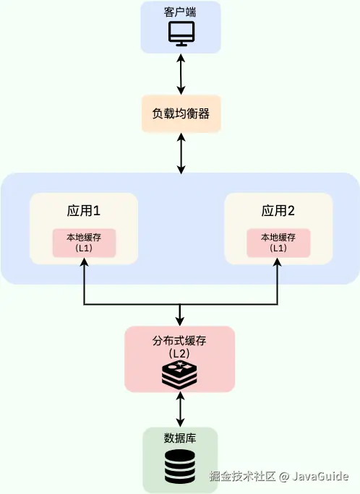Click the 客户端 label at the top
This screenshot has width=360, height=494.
[180, 13]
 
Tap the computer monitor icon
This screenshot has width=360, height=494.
[180, 34]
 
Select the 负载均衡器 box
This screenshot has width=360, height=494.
[180, 114]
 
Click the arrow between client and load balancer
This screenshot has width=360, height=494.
[180, 74]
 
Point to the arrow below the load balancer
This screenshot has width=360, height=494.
[180, 153]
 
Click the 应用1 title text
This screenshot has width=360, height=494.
[83, 212]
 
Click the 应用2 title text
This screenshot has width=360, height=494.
[278, 212]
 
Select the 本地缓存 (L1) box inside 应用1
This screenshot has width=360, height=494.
[84, 242]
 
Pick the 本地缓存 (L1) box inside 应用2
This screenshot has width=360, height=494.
[278, 242]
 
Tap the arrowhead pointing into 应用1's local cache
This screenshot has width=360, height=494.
[85, 262]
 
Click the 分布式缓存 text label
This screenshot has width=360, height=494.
[180, 340]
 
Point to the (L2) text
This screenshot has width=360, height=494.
[180, 354]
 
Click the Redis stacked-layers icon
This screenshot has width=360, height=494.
[180, 375]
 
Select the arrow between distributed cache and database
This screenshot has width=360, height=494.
[180, 409]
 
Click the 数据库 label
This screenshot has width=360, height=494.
[180, 438]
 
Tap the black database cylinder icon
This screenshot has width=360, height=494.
[180, 467]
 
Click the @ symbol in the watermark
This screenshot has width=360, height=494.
[285, 477]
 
